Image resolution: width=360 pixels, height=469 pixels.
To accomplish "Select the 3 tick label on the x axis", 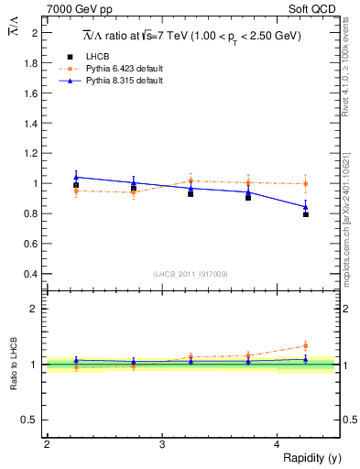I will (x=161, y=444).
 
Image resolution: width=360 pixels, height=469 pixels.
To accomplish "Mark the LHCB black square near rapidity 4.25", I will (x=306, y=214).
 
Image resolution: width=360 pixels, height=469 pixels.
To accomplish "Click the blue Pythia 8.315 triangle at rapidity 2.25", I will (x=76, y=177).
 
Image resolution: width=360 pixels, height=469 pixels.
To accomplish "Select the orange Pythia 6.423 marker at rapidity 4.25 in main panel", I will (x=306, y=184).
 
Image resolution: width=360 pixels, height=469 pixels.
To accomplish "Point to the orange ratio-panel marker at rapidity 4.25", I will (x=306, y=345).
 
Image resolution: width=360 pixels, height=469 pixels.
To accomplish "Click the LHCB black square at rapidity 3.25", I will (x=191, y=194).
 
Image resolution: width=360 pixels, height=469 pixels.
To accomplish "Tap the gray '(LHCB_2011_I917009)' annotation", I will (x=191, y=274).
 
